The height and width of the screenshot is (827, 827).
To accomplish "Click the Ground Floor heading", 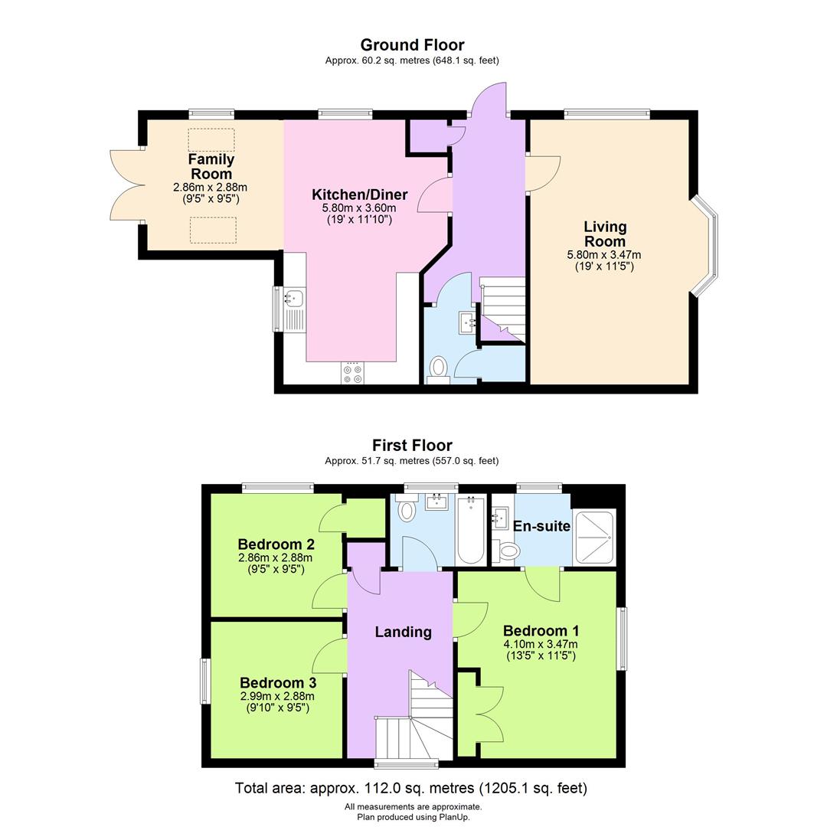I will (x=412, y=45).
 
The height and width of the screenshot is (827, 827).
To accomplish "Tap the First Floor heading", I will (x=412, y=445).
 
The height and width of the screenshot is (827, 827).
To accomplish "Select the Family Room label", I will (x=211, y=166).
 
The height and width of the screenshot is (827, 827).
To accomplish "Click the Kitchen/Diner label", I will (x=359, y=194).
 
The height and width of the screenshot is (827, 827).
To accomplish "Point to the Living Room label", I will (x=605, y=234).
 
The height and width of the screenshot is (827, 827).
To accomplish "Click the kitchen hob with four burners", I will (x=353, y=373).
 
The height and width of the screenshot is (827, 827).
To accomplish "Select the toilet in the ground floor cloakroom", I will (x=438, y=368).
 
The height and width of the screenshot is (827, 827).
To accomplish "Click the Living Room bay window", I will (x=706, y=245).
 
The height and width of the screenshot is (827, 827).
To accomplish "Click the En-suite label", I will (x=541, y=526).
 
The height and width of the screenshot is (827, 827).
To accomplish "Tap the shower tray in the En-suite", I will (x=593, y=536).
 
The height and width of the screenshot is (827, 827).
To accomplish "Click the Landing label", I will (x=403, y=632).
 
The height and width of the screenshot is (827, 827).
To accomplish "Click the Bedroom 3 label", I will (x=278, y=682).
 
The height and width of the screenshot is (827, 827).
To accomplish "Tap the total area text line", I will (x=411, y=788).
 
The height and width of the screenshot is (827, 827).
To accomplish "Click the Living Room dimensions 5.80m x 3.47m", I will (x=604, y=255).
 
